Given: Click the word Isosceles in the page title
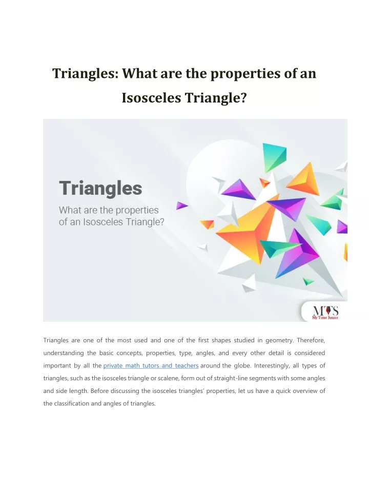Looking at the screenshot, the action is click(151, 98).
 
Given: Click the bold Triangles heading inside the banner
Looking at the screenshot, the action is click(100, 189).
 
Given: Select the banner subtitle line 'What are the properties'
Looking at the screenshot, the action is click(109, 210).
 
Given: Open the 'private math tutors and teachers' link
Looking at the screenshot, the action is click(151, 365).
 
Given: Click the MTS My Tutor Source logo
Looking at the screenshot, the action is click(325, 313).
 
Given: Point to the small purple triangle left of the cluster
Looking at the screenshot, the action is click(181, 205).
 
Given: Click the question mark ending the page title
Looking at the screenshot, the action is click(243, 98).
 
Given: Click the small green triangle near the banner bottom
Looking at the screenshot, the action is click(308, 281).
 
